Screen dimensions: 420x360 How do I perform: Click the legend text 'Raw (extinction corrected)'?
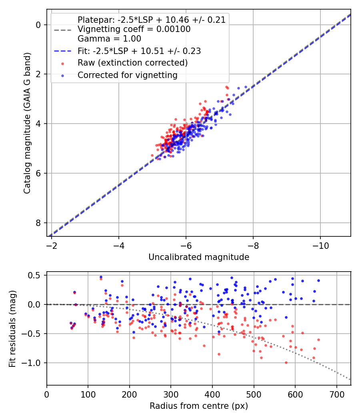pos(132,63)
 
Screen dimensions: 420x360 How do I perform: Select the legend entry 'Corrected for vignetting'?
pos(127,75)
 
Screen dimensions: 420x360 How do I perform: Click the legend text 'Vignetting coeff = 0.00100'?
pos(134,30)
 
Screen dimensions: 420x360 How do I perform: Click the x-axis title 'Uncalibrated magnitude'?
pos(199,257)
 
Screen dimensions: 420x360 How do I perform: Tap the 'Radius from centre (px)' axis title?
pos(199,406)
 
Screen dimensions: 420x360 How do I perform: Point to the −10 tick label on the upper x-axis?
pos(320,244)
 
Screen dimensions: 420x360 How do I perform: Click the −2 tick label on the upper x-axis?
pos(51,244)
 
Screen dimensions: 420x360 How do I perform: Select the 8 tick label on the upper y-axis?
pos(39,223)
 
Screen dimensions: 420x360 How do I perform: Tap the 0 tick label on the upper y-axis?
pos(39,25)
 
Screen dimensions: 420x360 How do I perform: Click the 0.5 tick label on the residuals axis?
pos(35,275)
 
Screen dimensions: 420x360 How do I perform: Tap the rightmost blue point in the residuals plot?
pos(318,280)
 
